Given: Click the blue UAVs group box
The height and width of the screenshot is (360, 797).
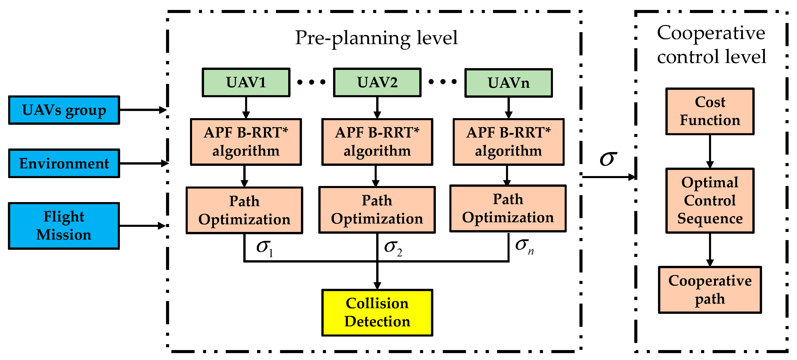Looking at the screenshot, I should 64,110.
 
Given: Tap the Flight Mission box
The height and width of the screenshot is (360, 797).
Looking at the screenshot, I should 64,226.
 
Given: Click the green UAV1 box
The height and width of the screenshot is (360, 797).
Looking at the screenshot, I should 246,83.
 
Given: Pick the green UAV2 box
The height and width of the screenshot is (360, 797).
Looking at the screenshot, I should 377,83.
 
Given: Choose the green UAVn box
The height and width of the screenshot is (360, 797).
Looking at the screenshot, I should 508,83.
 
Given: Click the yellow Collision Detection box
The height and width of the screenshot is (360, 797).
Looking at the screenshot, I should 377,312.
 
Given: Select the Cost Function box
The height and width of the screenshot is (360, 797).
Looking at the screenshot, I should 710,111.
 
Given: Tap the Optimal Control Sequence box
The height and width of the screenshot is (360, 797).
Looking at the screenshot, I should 710,201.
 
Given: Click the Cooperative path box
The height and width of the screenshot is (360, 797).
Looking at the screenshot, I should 710,290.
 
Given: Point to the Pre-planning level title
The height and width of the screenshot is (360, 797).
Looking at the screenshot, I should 376,38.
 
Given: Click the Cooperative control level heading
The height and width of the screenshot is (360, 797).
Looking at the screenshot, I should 711,45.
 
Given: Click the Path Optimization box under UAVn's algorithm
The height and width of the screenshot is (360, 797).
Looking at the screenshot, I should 508,208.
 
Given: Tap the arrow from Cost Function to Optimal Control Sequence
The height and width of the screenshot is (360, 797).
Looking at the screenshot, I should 710,151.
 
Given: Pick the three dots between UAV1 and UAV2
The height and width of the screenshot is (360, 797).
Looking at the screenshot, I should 311,82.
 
